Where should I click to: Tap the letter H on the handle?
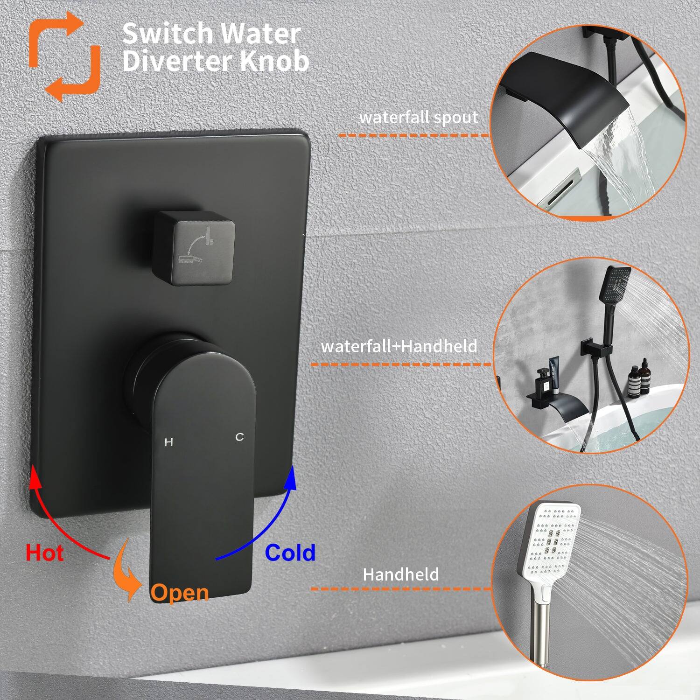[169, 442]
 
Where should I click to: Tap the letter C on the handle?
[239, 437]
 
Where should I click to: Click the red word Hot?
[44, 553]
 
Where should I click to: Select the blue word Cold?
[290, 553]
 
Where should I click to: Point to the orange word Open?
[179, 593]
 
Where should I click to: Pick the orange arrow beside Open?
[127, 572]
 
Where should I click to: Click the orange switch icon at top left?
[64, 56]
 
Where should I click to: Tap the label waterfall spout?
[419, 118]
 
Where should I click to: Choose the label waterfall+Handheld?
[399, 347]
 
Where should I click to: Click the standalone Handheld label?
[401, 574]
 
